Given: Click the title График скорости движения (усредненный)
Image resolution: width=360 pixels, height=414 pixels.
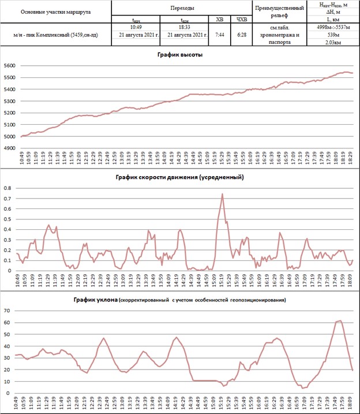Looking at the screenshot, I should point(179,177).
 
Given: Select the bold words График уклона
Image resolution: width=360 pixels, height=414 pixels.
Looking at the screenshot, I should point(95,300).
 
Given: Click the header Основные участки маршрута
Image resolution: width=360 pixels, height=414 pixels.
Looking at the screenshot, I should point(55,12).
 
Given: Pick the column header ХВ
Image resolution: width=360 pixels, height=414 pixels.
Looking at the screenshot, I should point(219,19).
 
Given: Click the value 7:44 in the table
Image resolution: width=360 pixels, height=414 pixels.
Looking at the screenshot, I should point(219,35).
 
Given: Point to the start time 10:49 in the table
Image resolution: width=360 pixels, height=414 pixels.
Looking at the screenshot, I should point(136,27).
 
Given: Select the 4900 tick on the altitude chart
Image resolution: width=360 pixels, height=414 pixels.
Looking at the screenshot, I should point(10,148).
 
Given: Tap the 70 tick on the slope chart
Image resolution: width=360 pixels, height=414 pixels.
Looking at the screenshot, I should point(7,311).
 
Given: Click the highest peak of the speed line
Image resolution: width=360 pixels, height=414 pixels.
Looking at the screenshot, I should point(222,194).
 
